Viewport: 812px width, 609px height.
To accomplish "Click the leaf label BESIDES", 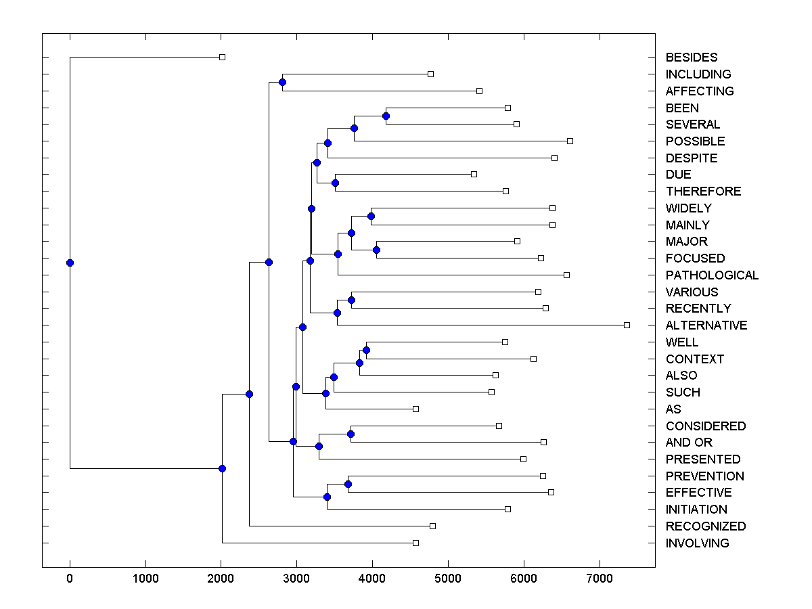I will click(691, 58).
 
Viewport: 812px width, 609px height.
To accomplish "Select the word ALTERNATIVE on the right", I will click(706, 325).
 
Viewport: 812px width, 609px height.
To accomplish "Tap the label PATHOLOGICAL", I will click(712, 275).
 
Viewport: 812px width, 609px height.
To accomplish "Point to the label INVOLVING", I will click(697, 543).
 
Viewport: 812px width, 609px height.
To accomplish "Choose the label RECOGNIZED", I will click(706, 526).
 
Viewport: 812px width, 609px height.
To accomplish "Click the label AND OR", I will click(689, 443).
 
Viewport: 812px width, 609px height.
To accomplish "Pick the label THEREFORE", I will click(703, 191).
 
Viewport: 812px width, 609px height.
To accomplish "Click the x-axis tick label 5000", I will click(448, 579).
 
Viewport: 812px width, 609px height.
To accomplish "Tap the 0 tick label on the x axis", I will click(70, 579).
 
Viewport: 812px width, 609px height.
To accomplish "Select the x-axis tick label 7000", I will click(599, 579).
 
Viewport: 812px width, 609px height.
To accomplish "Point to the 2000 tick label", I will click(221, 579).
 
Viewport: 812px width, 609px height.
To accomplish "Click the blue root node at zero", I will click(70, 263).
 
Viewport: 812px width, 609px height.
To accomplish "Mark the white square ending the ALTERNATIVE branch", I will click(627, 325).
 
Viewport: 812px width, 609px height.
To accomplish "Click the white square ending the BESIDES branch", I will click(222, 58).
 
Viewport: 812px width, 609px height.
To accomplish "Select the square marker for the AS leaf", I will click(415, 409).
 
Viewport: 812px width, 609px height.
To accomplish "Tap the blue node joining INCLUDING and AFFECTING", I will click(282, 83).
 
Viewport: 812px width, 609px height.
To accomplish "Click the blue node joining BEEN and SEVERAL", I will click(386, 116).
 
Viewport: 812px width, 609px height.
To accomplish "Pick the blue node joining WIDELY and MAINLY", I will click(371, 217).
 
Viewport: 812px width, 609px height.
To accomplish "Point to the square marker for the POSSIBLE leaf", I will click(570, 141).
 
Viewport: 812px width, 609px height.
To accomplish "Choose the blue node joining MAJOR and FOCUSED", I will click(376, 250).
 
